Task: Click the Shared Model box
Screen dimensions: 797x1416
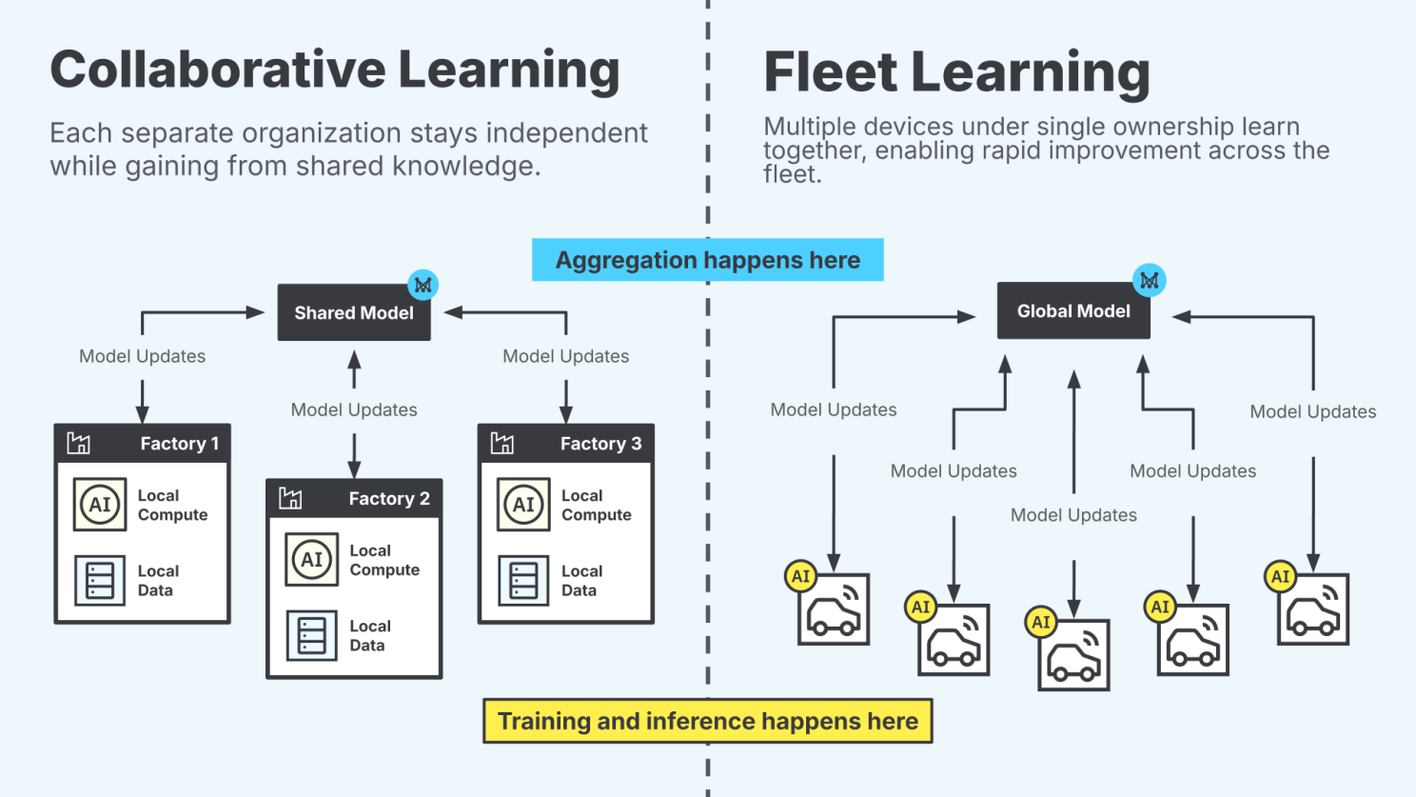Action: (x=353, y=312)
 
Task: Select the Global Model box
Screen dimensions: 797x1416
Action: (x=1072, y=311)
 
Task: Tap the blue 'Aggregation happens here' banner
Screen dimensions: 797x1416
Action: (x=707, y=260)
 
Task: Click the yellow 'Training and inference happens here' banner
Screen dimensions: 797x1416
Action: (x=707, y=721)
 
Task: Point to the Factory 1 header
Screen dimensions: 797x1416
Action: (x=142, y=444)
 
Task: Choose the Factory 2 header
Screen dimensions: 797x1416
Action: (x=354, y=499)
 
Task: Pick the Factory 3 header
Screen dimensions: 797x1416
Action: (x=565, y=444)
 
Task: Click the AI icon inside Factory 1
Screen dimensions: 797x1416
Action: (x=100, y=505)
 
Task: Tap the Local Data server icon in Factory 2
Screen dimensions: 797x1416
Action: (x=312, y=635)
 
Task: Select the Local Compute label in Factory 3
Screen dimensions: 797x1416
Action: (x=596, y=506)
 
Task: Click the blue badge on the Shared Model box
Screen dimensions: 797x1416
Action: (x=423, y=285)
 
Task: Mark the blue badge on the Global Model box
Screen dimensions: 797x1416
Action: (x=1149, y=280)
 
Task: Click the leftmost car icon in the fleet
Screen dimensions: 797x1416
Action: (x=834, y=610)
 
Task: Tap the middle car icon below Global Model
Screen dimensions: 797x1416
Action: (x=1073, y=656)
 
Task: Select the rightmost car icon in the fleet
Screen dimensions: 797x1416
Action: (x=1313, y=610)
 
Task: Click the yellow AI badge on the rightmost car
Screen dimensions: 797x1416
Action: (x=1280, y=576)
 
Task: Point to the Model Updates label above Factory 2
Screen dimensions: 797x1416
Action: (x=354, y=410)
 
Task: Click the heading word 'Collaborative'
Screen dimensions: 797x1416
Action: (x=216, y=70)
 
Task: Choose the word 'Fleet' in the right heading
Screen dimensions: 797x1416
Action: (x=831, y=72)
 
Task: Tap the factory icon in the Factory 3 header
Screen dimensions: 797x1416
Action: (x=501, y=443)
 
